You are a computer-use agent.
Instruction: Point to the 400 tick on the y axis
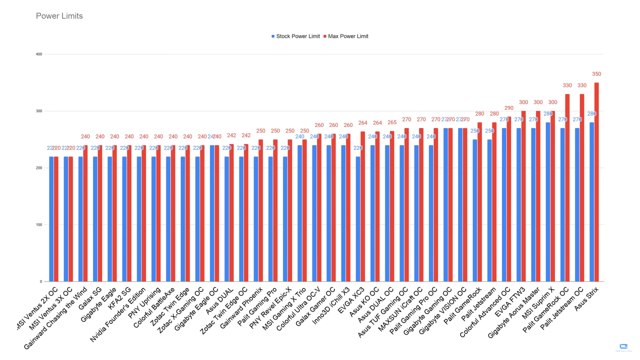tap(39, 54)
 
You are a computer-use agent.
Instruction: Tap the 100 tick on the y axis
tap(39, 224)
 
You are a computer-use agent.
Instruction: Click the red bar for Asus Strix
tap(596, 182)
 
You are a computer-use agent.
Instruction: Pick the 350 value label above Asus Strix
tap(596, 74)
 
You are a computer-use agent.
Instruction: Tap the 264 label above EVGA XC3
tap(363, 123)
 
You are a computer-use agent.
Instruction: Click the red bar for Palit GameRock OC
tap(567, 187)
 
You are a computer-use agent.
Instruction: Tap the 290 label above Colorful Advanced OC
tap(509, 108)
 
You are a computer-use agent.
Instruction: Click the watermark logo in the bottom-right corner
tap(623, 347)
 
